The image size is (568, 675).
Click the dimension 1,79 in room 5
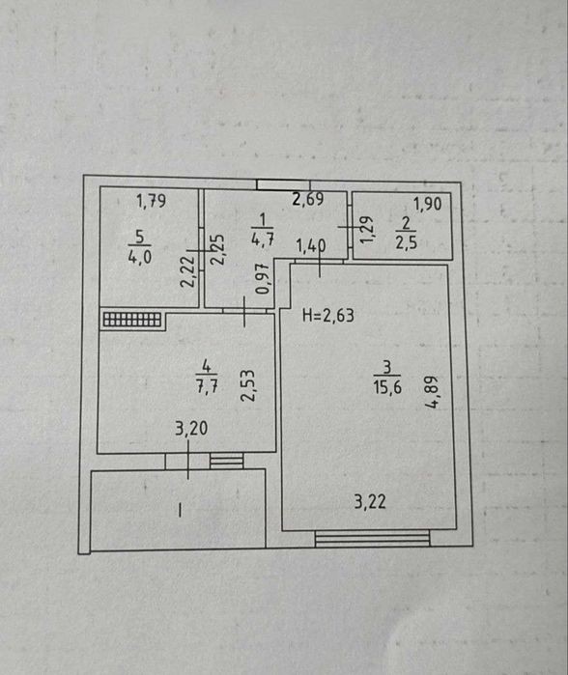(x=151, y=201)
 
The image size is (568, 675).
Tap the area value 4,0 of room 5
(x=139, y=257)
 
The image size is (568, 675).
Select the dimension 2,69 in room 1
(x=308, y=199)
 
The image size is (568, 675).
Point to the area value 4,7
(x=262, y=239)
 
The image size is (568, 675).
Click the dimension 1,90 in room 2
(x=428, y=204)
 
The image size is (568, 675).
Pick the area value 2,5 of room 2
(x=406, y=242)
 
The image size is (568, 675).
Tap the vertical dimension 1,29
(x=366, y=230)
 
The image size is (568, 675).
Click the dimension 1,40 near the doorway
(x=311, y=246)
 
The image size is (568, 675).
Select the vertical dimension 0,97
(x=262, y=279)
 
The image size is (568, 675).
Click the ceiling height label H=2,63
(x=328, y=315)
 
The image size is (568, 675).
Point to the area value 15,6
(x=387, y=387)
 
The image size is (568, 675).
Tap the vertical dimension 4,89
(x=431, y=392)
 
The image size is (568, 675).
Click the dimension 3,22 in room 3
(x=370, y=501)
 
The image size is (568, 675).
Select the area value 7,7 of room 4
(x=207, y=385)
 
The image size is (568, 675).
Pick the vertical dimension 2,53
(x=247, y=385)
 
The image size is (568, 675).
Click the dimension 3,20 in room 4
(x=191, y=428)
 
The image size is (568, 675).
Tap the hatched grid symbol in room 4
(x=132, y=320)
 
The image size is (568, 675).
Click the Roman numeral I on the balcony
(x=180, y=511)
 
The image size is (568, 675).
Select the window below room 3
(x=373, y=539)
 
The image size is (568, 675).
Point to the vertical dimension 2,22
(x=187, y=271)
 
